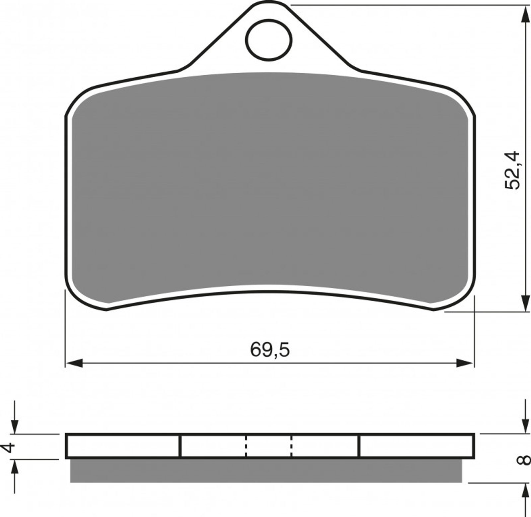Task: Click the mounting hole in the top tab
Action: [269, 40]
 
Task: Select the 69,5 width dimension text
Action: [270, 350]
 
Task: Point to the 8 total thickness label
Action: [523, 460]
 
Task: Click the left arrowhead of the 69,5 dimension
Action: [74, 363]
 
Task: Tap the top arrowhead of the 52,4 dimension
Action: [525, 14]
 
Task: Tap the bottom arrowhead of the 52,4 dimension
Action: [525, 303]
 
